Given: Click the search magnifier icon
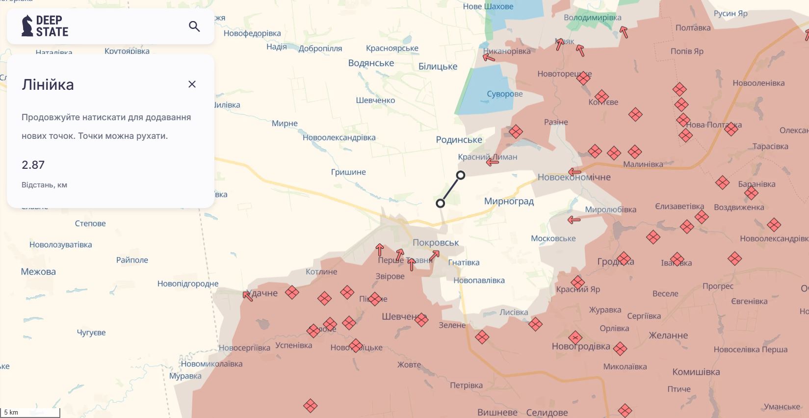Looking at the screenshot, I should (x=194, y=26).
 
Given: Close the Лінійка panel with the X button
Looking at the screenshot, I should (x=192, y=84).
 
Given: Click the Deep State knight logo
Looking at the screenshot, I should (x=27, y=26).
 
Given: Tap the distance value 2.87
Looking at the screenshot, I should (x=33, y=165).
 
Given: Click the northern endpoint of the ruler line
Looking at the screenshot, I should (x=461, y=175).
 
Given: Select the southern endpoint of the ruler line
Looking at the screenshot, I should (x=441, y=203).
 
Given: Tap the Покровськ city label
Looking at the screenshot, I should (x=436, y=242).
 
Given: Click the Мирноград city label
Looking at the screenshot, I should (x=509, y=201).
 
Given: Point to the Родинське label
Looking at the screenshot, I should (x=459, y=140).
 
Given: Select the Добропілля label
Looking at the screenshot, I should (x=320, y=49).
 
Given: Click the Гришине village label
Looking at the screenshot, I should (x=348, y=172).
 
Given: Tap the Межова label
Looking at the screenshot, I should (x=38, y=272).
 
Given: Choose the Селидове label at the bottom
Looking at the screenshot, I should (x=547, y=413).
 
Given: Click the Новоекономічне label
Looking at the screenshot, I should (x=574, y=178).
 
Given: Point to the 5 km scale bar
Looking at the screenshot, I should (x=30, y=413).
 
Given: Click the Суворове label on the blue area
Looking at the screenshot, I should (x=504, y=94).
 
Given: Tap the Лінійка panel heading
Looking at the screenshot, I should (x=48, y=85).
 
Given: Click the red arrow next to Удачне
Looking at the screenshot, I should (x=248, y=296).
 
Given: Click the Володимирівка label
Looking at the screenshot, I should (x=592, y=18).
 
